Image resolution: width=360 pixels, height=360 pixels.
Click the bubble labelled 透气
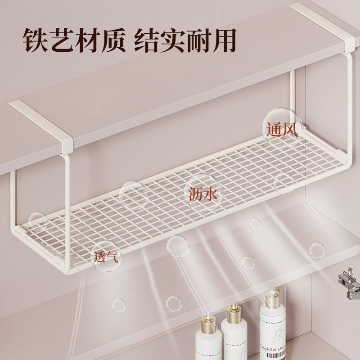coord(106,258)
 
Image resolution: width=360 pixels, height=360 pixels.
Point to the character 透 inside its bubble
coord(100,258)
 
